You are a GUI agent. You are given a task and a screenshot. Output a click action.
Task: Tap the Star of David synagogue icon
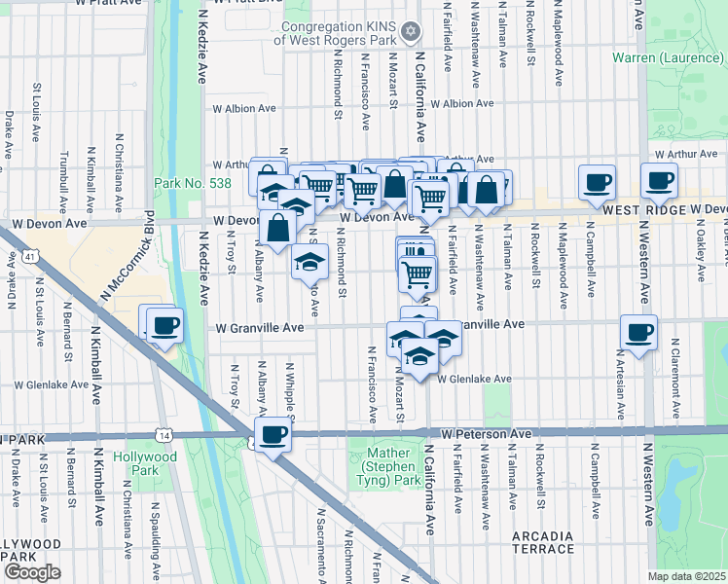411,32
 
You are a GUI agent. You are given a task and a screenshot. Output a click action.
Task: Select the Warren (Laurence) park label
669,58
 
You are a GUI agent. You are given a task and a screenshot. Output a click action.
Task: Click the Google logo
32,572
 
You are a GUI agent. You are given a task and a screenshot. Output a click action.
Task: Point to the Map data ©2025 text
687,576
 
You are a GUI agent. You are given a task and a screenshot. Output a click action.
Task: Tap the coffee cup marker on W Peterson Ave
274,434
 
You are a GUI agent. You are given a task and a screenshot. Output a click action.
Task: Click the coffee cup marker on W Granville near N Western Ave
638,333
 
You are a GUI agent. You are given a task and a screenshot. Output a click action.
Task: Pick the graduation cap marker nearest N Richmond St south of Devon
309,262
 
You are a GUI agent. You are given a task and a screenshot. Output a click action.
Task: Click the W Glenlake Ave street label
474,380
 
